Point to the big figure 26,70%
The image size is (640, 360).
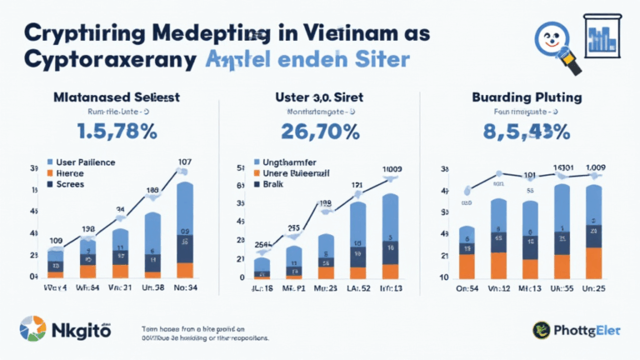(320, 132)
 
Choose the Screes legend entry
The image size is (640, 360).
(76, 182)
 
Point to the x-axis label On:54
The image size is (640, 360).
(467, 288)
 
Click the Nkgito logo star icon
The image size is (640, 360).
(32, 328)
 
